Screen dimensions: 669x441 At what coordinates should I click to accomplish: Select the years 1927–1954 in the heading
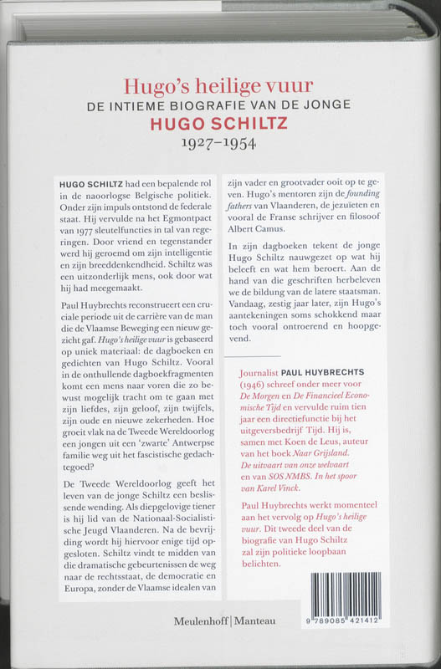pyautogui.click(x=219, y=142)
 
